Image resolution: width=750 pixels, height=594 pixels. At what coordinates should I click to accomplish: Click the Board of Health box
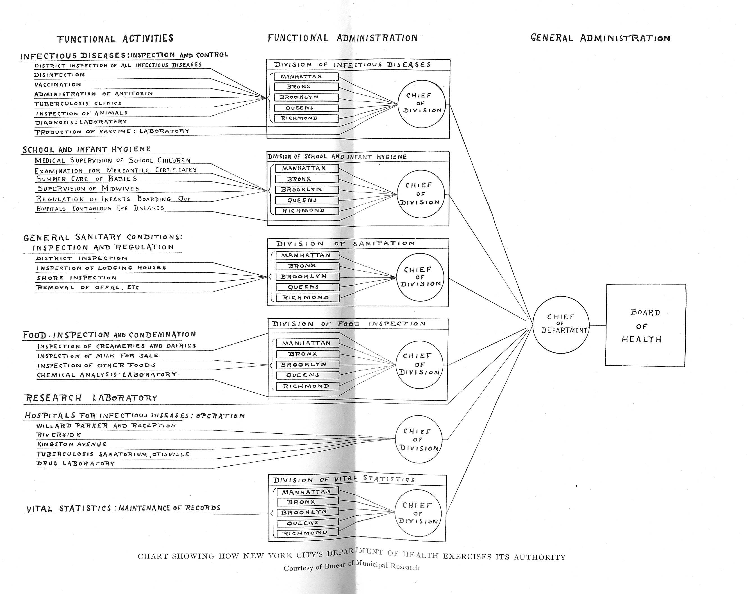point(645,326)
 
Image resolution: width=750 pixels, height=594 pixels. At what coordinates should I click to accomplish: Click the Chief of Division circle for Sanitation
point(420,277)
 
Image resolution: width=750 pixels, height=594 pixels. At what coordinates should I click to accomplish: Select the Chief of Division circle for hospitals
point(419,440)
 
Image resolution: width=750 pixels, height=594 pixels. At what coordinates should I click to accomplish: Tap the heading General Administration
point(600,38)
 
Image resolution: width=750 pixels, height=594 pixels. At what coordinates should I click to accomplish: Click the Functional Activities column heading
point(115,38)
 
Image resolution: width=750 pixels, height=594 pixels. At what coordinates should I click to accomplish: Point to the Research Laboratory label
point(91,398)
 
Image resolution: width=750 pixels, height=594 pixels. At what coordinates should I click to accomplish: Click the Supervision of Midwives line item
point(89,188)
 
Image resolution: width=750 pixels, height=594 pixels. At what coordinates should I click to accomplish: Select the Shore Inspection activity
point(76,278)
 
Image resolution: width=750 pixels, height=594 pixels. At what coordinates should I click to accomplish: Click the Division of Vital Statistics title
point(344,479)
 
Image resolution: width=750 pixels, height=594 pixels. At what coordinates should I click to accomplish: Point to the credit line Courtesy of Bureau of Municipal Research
point(352,566)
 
